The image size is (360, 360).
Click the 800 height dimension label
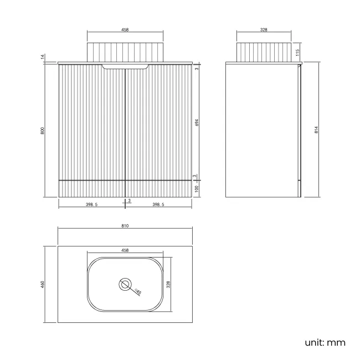click(42, 131)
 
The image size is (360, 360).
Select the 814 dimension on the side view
click(316, 130)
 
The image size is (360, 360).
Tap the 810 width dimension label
click(125, 226)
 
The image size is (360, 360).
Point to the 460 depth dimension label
click(42, 285)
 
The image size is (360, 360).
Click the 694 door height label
click(197, 122)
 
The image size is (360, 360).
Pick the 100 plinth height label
click(197, 189)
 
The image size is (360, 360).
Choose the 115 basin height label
click(297, 53)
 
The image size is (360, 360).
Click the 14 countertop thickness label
click(43, 56)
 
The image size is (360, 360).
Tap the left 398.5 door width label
click(91, 204)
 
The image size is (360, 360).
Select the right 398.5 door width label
click(158, 204)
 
